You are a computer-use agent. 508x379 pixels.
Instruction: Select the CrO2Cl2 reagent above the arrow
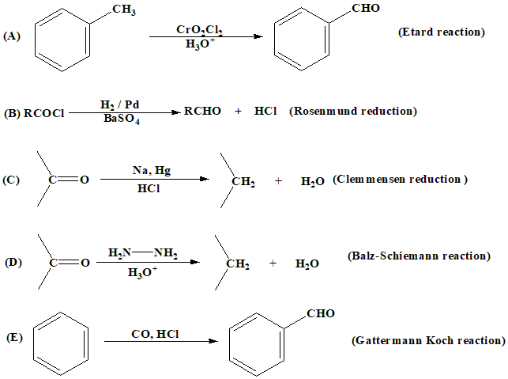point(199,30)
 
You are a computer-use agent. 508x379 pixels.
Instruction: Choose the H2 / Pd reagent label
point(122,104)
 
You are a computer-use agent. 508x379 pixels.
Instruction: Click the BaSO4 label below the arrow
point(122,120)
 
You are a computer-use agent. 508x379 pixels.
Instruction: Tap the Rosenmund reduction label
point(352,112)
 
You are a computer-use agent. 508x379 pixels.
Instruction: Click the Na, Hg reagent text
point(149,169)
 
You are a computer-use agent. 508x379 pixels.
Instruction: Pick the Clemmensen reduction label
point(400,180)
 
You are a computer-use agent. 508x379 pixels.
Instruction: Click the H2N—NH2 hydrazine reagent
point(143,253)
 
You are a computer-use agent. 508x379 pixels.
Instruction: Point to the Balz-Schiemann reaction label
point(419,256)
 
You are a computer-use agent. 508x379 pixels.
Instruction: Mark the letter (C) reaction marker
point(11,180)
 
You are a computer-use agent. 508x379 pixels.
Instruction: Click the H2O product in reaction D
point(307,264)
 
